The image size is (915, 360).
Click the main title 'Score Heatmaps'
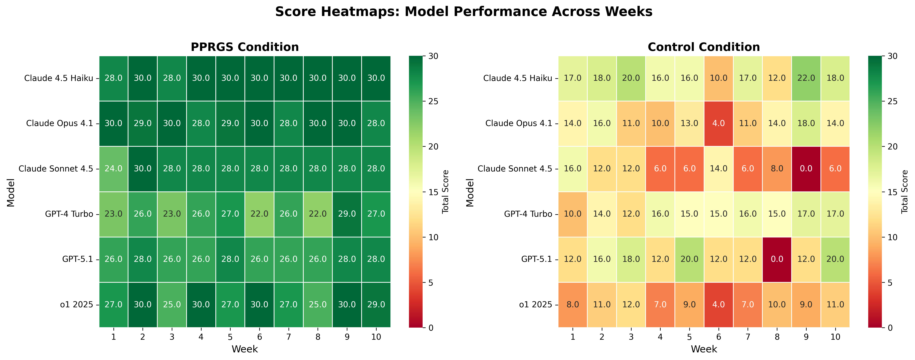pos(464,12)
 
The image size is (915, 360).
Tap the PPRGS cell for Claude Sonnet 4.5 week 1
pos(114,168)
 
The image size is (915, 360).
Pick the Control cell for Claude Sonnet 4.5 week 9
pos(806,168)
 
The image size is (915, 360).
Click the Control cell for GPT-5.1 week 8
pos(777,259)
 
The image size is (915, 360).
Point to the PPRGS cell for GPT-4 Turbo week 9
pos(347,214)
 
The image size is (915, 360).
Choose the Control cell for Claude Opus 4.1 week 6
pos(719,123)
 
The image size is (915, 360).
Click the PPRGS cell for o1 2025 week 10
pos(376,305)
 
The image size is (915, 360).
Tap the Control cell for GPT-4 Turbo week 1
pos(573,214)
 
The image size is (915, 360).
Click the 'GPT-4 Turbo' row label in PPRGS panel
pos(69,214)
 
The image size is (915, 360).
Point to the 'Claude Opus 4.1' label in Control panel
pos(519,123)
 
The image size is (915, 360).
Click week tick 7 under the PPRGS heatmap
pos(288,337)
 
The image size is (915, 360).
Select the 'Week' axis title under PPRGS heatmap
pos(245,349)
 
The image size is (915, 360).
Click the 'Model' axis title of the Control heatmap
pos(470,192)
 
